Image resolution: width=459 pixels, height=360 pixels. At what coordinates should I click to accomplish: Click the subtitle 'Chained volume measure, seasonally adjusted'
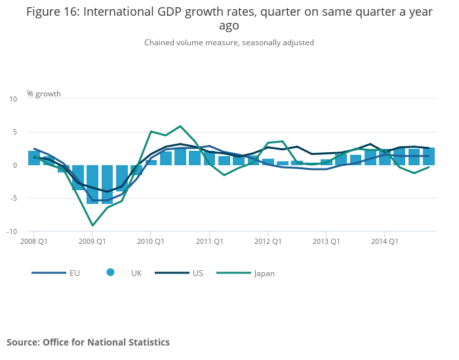(x=229, y=43)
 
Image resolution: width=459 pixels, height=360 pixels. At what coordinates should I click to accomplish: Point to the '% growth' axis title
(x=44, y=94)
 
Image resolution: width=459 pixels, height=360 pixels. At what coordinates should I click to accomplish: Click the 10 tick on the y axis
(x=13, y=99)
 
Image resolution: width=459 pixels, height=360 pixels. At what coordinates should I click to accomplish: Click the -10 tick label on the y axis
(x=12, y=231)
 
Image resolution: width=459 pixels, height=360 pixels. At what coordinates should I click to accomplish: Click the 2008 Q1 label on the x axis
(x=34, y=241)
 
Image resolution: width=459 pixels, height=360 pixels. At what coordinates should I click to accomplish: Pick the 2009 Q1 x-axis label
(x=92, y=241)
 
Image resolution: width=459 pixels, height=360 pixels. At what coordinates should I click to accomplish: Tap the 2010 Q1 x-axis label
(x=151, y=241)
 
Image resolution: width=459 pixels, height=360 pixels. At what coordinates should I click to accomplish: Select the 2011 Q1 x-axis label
(x=209, y=241)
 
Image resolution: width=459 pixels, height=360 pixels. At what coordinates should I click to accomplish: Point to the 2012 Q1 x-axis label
(x=268, y=241)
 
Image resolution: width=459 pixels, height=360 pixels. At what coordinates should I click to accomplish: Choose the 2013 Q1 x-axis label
(x=326, y=241)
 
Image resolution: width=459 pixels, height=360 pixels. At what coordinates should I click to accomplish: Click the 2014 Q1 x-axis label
(x=384, y=241)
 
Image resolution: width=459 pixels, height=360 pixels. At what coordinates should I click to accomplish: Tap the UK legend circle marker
(x=110, y=273)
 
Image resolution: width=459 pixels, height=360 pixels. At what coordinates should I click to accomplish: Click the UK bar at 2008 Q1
(x=34, y=158)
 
